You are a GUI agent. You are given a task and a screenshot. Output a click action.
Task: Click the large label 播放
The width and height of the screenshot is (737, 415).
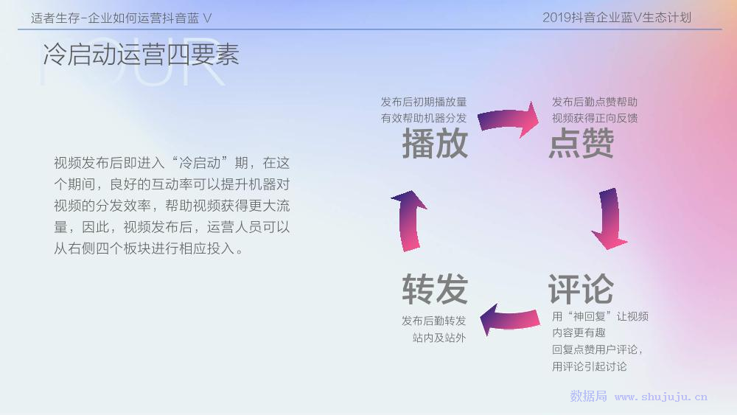click(435, 143)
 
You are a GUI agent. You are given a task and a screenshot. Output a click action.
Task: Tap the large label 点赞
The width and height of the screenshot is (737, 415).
click(581, 143)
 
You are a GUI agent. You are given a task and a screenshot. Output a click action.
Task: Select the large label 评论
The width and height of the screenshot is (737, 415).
click(581, 289)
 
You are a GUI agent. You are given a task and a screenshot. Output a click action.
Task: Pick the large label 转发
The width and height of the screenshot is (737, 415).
click(435, 289)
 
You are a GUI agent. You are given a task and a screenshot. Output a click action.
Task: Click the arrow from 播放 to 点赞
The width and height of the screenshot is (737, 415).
click(509, 119)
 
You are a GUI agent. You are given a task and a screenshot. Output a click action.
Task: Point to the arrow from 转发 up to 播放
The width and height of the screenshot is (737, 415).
click(409, 221)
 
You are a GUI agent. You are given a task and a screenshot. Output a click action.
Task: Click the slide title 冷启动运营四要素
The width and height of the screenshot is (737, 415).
click(141, 54)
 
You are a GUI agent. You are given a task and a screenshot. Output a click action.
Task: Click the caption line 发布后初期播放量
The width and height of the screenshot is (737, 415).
click(424, 102)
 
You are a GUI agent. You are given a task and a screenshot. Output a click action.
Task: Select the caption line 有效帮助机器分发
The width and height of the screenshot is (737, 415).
click(424, 118)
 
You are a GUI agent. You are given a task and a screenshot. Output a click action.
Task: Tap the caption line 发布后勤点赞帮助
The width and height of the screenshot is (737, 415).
click(595, 102)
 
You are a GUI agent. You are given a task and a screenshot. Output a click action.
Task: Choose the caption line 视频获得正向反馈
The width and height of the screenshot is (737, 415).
click(595, 118)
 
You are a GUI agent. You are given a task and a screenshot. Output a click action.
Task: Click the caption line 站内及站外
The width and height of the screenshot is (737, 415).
click(439, 338)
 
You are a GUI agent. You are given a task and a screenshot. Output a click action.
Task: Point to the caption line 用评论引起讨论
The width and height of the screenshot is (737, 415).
click(590, 366)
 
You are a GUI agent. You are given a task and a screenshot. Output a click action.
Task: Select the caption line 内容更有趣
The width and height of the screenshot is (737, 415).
click(579, 332)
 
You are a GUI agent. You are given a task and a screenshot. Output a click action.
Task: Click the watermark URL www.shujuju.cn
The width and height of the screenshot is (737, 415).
click(661, 397)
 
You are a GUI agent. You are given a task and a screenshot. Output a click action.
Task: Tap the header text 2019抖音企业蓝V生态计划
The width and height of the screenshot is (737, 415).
click(617, 18)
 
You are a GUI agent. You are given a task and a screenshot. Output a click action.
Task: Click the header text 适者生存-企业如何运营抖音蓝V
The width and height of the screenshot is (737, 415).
click(122, 18)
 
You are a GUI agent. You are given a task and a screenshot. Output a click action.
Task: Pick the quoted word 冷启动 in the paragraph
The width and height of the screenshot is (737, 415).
click(200, 163)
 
